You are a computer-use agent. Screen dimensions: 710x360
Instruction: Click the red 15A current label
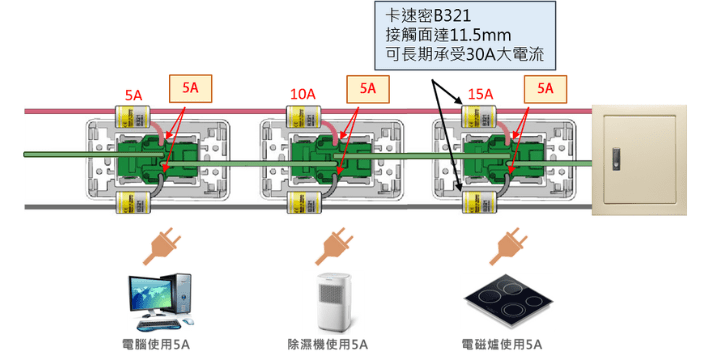coord(480,94)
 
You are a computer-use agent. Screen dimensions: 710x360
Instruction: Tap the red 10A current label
coord(302,94)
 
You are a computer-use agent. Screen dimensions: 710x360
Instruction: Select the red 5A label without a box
coord(134,96)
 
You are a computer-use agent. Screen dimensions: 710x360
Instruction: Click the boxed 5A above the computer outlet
coord(190,88)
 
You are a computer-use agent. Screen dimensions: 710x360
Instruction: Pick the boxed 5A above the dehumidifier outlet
coord(368,89)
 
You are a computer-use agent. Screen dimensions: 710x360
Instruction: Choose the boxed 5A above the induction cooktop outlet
coord(545,89)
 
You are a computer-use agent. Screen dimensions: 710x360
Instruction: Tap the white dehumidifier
coord(334,302)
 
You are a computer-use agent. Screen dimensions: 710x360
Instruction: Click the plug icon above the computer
coord(162,247)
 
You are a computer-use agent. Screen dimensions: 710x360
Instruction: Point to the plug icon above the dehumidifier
coord(334,247)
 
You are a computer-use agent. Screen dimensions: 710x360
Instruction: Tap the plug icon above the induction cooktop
coord(509,247)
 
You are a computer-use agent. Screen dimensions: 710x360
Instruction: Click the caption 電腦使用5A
coord(156,345)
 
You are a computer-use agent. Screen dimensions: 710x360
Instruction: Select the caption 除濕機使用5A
coord(328,345)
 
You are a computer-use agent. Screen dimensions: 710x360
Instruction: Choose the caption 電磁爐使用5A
coord(502,345)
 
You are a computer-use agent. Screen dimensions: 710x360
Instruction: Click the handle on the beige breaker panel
coord(616,159)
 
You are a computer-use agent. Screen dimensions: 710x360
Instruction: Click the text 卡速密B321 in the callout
coord(428,16)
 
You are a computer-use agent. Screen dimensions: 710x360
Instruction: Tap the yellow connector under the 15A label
coord(479,117)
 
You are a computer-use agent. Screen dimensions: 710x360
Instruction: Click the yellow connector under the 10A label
coord(304,117)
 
